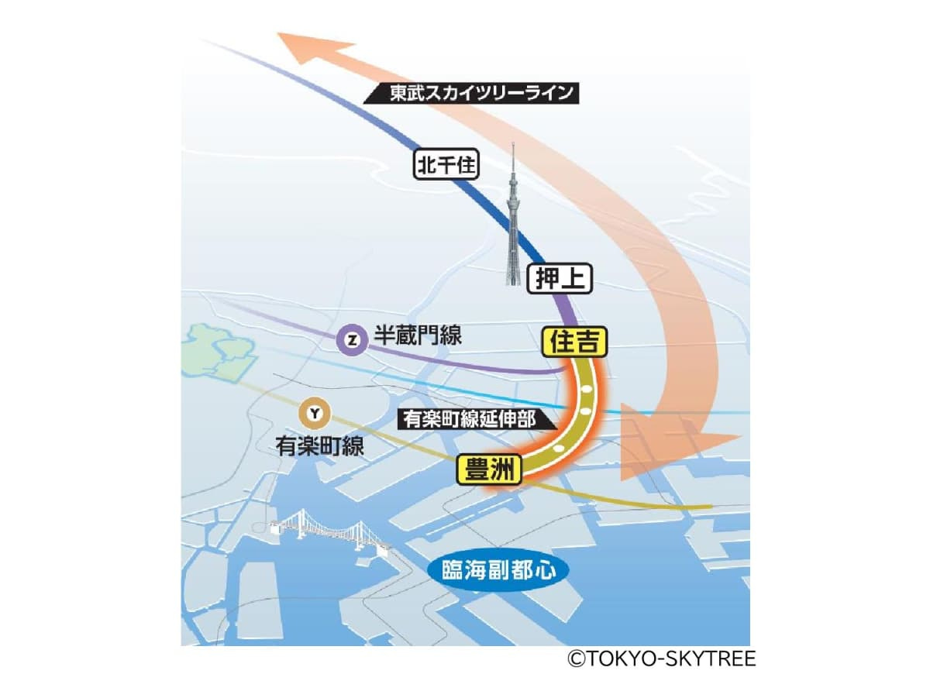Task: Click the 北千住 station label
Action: coord(447,164)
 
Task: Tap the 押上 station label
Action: coord(560,278)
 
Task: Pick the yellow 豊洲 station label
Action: coord(490,469)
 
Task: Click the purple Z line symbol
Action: coord(353,339)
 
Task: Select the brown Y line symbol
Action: coord(314,414)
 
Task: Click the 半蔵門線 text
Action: coord(418,336)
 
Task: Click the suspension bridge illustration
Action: coord(329,532)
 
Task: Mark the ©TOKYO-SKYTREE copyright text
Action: coord(660,659)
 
